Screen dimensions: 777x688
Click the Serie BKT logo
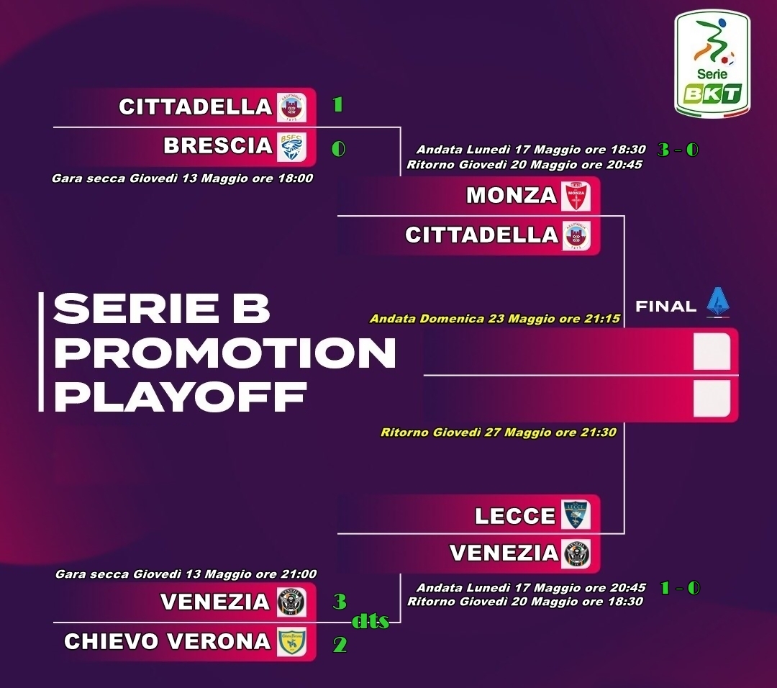pyautogui.click(x=712, y=65)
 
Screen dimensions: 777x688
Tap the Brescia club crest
pyautogui.click(x=291, y=146)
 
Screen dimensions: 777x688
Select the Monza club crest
pyautogui.click(x=576, y=196)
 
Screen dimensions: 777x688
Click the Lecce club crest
pyautogui.click(x=576, y=515)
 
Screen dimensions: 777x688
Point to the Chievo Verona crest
pyautogui.click(x=291, y=641)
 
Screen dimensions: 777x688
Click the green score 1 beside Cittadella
pyautogui.click(x=337, y=104)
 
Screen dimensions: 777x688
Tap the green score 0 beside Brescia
pyautogui.click(x=338, y=148)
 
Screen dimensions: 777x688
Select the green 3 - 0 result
pyautogui.click(x=678, y=149)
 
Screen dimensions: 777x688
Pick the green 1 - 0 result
pyautogui.click(x=680, y=588)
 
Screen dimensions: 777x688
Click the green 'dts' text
pyautogui.click(x=371, y=621)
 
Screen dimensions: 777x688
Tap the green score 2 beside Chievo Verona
pyautogui.click(x=340, y=644)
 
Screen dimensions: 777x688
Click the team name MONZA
pyautogui.click(x=512, y=195)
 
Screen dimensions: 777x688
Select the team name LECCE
pyautogui.click(x=515, y=516)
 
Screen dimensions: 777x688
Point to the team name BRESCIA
pyautogui.click(x=218, y=145)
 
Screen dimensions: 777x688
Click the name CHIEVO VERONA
pyautogui.click(x=168, y=641)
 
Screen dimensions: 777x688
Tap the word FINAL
pyautogui.click(x=665, y=307)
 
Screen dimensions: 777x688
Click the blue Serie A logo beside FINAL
pyautogui.click(x=718, y=302)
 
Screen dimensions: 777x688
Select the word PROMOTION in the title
pyautogui.click(x=225, y=353)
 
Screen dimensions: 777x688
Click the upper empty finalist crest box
pyautogui.click(x=712, y=351)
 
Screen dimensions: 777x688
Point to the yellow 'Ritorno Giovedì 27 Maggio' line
pyautogui.click(x=498, y=433)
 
